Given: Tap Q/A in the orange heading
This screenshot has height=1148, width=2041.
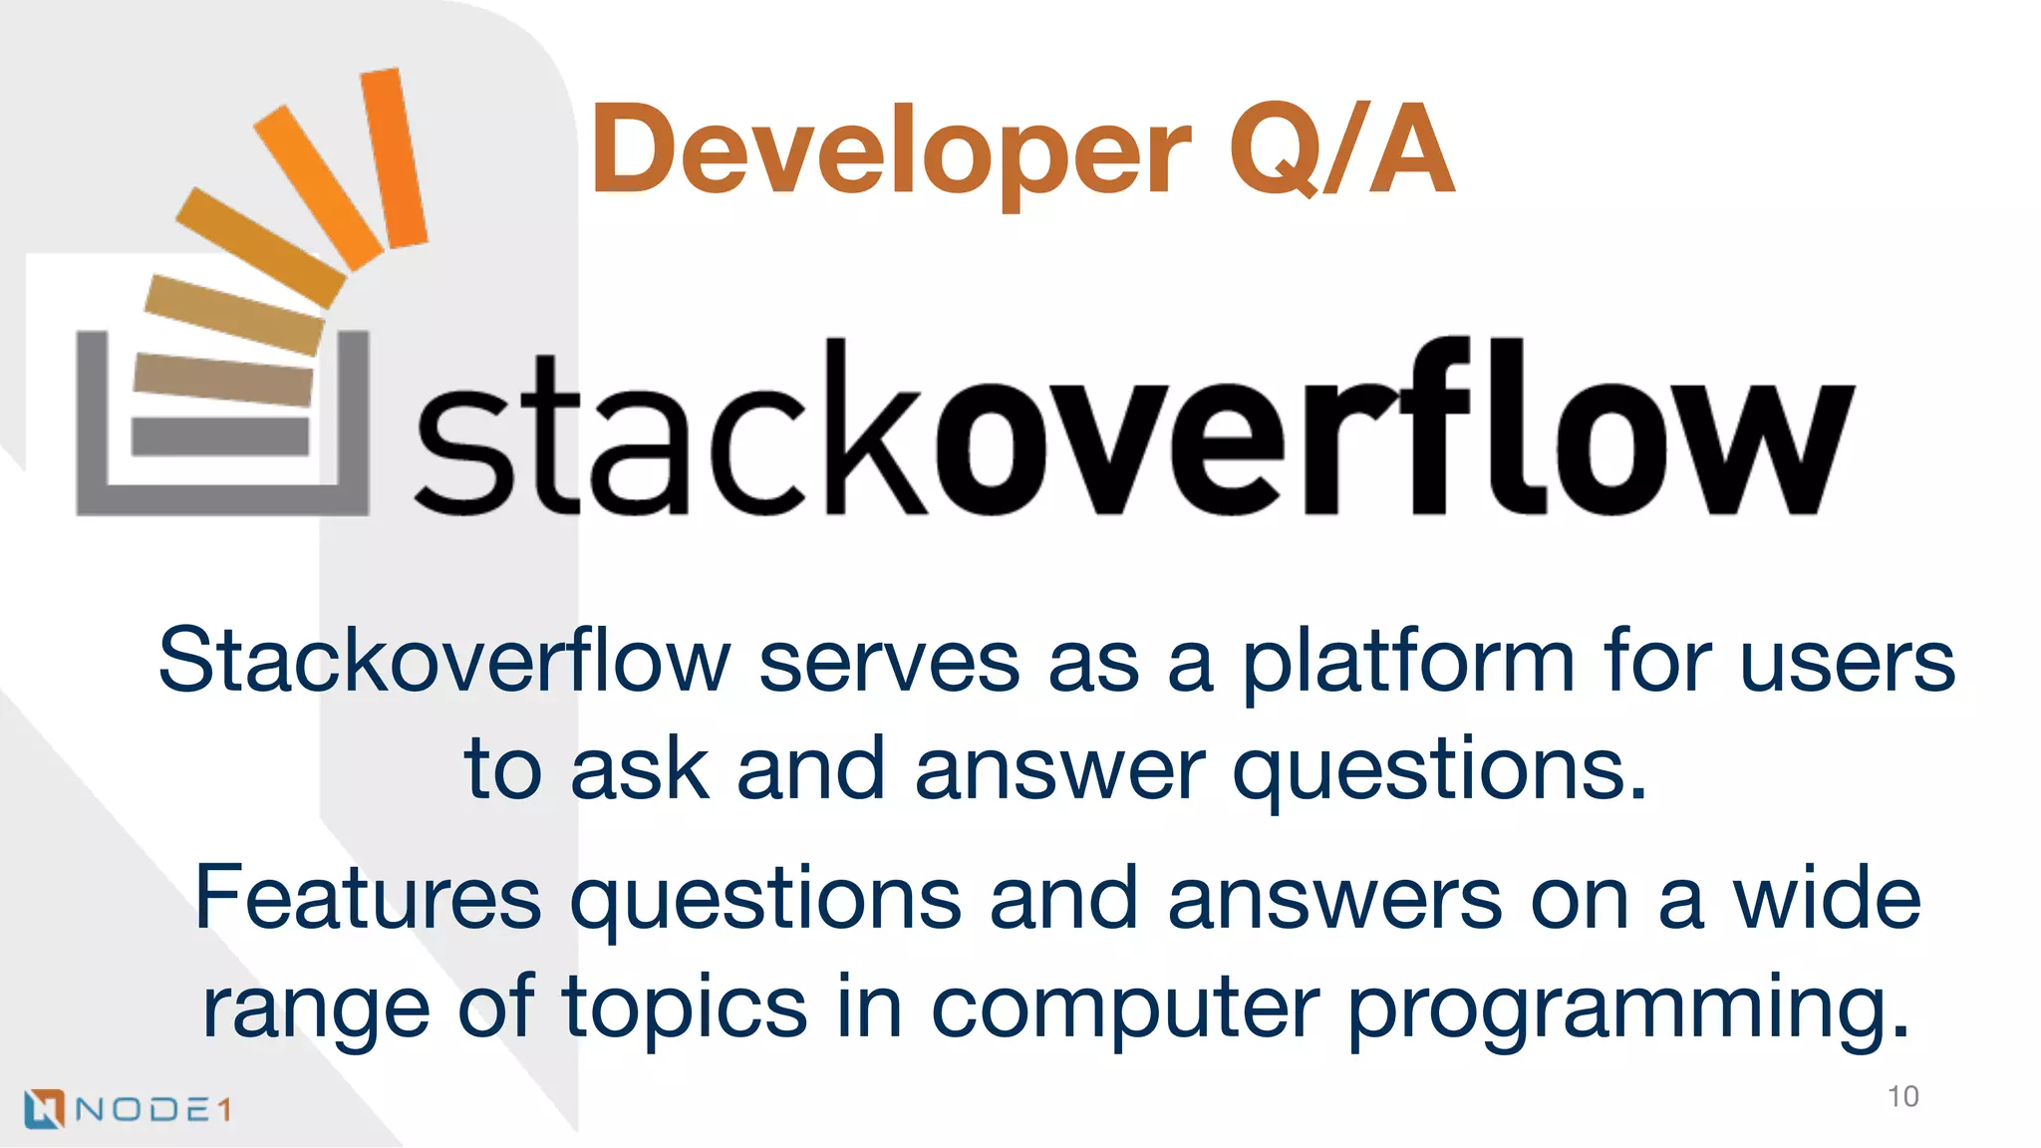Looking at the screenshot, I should [x=1341, y=149].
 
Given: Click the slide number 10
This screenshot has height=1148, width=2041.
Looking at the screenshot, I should [x=1902, y=1096].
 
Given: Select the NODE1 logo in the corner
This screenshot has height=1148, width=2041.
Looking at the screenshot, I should [x=128, y=1108].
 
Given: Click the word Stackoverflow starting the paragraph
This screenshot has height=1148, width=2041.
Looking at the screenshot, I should [x=444, y=662].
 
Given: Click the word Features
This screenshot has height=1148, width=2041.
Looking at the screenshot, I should [x=368, y=898].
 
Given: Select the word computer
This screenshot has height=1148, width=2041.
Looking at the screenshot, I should [x=1124, y=1007].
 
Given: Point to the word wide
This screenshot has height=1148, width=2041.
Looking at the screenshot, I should [x=1827, y=898].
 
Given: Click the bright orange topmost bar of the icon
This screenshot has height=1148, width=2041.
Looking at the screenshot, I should [x=394, y=157].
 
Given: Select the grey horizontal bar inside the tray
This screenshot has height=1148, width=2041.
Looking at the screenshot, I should [x=220, y=436].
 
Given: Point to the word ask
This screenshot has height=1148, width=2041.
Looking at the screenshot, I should [x=639, y=769].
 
